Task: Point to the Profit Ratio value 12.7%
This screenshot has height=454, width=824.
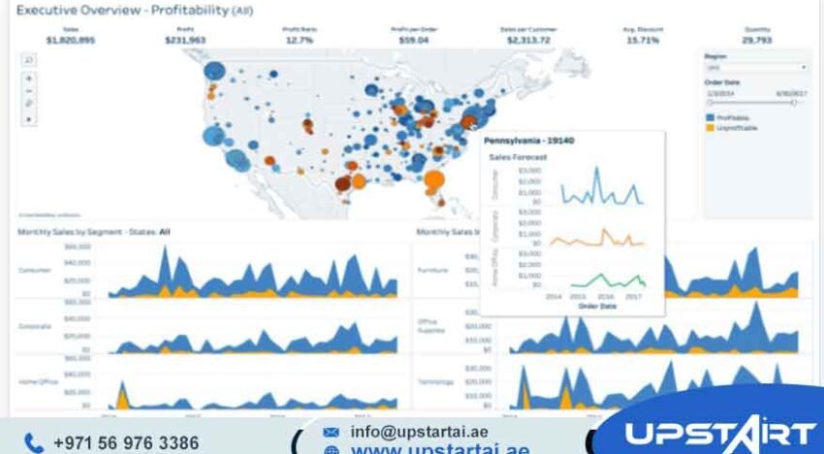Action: [300, 40]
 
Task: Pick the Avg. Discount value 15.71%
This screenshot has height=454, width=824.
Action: [642, 40]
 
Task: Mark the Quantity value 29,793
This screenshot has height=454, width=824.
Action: [756, 40]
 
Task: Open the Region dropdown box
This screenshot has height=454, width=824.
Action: [755, 68]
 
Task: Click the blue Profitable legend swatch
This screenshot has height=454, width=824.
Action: [709, 116]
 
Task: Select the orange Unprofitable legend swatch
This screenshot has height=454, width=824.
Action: [709, 127]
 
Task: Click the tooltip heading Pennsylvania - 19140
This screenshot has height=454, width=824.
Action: [528, 141]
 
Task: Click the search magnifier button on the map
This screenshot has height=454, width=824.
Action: [28, 59]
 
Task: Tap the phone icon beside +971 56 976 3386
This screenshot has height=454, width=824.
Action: [34, 442]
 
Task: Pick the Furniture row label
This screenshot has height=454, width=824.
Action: [431, 271]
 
